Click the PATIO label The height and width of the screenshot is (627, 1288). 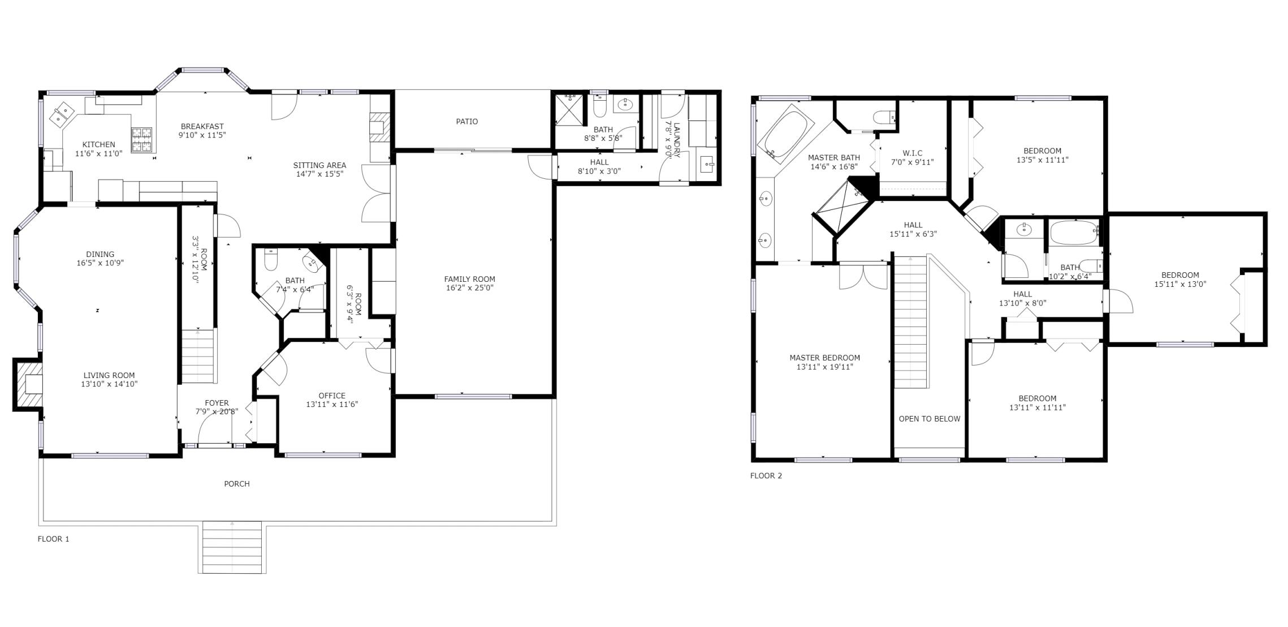click(x=466, y=122)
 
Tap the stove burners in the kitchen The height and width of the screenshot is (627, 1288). click(x=142, y=140)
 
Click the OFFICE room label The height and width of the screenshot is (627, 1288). click(x=332, y=396)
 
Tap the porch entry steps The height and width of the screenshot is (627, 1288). click(x=232, y=547)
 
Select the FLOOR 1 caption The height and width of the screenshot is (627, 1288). click(x=53, y=539)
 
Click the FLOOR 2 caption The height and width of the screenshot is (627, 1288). click(x=766, y=476)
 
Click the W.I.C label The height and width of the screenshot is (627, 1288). click(x=912, y=153)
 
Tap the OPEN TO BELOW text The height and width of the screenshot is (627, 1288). click(x=930, y=419)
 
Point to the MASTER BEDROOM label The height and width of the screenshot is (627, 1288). click(x=824, y=358)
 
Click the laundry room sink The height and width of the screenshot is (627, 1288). click(x=707, y=165)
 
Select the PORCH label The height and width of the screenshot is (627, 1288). click(x=236, y=484)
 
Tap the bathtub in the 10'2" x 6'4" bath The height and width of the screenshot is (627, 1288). click(x=1073, y=233)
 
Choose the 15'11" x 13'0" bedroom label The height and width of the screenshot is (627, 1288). click(x=1180, y=280)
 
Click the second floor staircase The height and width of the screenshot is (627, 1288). click(x=910, y=323)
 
